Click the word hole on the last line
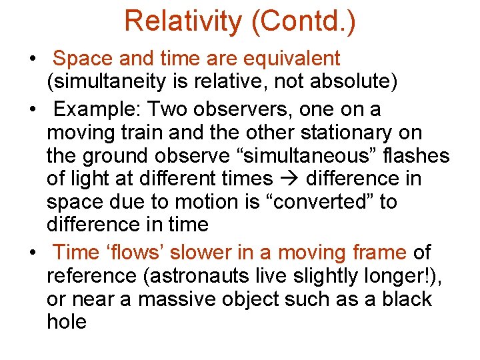point(67,322)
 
